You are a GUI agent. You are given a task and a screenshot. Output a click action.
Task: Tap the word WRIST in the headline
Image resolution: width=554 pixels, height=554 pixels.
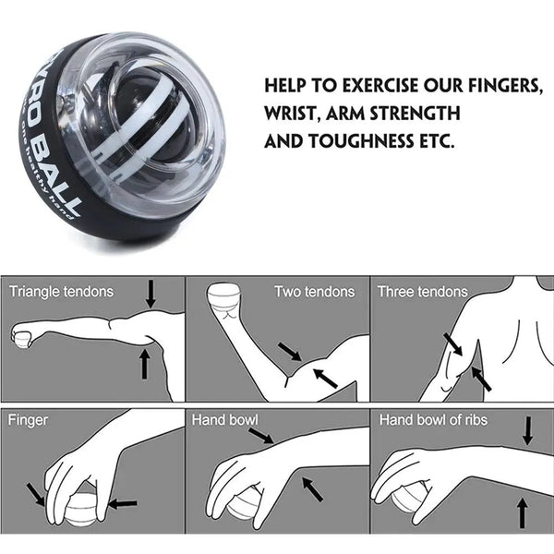[x=293, y=114]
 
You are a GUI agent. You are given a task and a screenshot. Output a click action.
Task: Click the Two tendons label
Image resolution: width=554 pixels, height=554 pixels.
[x=314, y=292]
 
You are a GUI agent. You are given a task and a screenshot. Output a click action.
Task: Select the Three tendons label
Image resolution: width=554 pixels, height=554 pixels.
[x=422, y=292]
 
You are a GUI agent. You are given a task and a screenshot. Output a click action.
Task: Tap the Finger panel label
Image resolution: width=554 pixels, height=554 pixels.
[x=28, y=420]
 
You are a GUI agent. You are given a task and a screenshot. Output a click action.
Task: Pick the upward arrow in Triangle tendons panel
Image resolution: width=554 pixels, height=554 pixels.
[x=144, y=363]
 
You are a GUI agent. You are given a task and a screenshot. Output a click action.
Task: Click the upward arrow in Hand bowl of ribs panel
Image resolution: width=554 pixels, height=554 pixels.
[x=524, y=512]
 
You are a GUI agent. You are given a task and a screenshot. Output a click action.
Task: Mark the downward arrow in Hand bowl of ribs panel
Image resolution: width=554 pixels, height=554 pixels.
[x=528, y=430]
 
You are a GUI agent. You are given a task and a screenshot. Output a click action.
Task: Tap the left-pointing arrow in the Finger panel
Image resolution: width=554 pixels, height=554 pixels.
[x=122, y=504]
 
